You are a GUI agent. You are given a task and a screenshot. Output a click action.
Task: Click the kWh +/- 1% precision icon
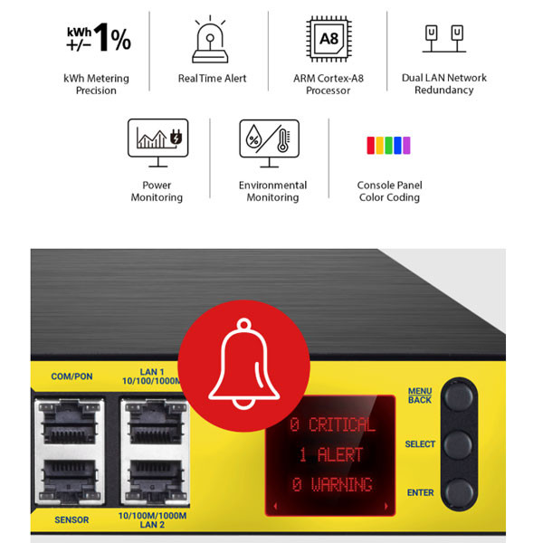(x=98, y=38)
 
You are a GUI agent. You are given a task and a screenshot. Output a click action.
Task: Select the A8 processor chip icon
(x=329, y=38)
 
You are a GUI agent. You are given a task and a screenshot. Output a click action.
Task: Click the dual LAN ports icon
(x=443, y=39)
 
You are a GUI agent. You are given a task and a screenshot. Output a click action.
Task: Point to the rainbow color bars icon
(x=389, y=145)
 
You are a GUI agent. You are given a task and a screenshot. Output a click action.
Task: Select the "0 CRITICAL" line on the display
(x=332, y=424)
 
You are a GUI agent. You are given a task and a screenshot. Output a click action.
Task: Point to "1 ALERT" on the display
(x=330, y=454)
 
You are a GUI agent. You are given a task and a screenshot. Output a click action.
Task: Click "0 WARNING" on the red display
(x=332, y=484)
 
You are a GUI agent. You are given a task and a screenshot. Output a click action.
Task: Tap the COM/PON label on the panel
(x=72, y=376)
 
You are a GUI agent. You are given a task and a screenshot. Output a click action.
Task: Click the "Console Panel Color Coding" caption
(x=389, y=191)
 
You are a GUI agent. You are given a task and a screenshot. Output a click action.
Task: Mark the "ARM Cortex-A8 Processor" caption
(x=329, y=84)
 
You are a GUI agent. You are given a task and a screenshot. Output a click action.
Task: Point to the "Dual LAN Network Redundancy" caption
(x=443, y=84)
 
